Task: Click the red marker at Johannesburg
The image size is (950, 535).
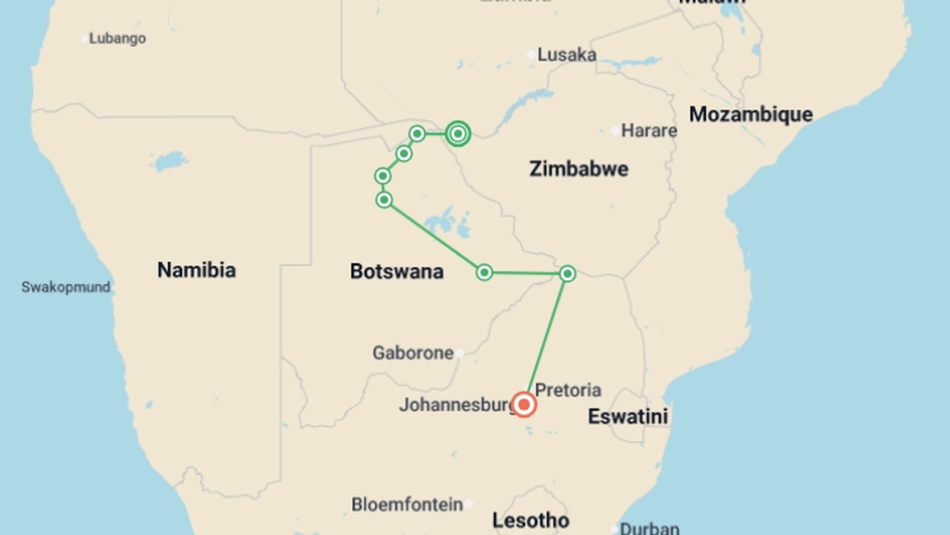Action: [x=523, y=405]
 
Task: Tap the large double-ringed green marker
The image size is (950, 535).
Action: [x=458, y=134]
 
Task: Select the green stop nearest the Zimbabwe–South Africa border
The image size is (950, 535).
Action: [x=567, y=273]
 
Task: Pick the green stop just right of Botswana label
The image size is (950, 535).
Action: [x=484, y=272]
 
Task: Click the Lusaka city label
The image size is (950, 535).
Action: [x=567, y=54]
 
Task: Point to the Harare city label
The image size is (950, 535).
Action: [x=649, y=130]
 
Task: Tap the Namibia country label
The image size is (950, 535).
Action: [x=196, y=270]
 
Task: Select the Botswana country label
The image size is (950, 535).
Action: [x=396, y=271]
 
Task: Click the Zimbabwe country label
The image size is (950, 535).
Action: [x=578, y=169]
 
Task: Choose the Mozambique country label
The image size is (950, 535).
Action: [x=751, y=114]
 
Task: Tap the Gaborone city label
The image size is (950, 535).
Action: [x=413, y=353]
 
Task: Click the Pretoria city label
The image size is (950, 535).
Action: [x=568, y=390]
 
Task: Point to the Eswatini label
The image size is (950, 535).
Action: [x=627, y=416]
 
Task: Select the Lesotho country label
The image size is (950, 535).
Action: [x=530, y=520]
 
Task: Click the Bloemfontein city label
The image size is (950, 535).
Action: [x=407, y=504]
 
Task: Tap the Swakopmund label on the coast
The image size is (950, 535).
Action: [x=66, y=287]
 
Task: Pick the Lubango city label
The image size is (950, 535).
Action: [x=117, y=38]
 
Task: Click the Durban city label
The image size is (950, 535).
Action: [x=649, y=528]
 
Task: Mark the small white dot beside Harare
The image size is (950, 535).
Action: [x=615, y=131]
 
